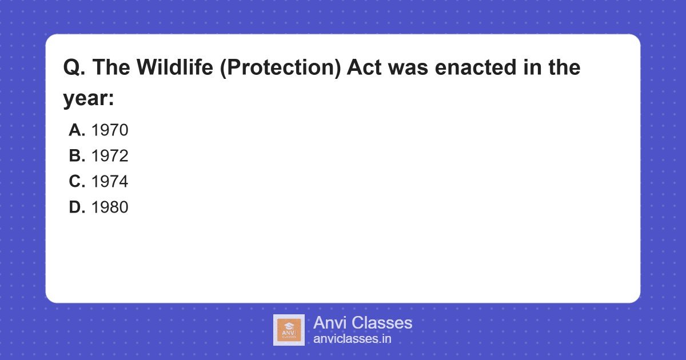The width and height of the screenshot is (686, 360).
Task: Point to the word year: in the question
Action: (89, 99)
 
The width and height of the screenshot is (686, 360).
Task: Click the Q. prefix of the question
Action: (74, 68)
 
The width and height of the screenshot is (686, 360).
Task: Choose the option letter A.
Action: (77, 131)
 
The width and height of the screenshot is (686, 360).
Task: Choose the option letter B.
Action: (77, 157)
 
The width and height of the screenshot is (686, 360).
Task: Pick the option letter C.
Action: (77, 182)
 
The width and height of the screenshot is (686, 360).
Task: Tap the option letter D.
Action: (77, 208)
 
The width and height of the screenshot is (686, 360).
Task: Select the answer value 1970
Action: (110, 131)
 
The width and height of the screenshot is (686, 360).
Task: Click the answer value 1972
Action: (110, 157)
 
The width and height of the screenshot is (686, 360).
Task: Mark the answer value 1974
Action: (110, 182)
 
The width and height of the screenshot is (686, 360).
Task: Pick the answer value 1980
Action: (110, 208)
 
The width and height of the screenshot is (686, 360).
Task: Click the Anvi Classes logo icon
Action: (289, 330)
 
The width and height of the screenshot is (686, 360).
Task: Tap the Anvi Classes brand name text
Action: (362, 323)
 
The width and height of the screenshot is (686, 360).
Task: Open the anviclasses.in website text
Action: (352, 339)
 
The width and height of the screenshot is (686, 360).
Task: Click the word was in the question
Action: (409, 68)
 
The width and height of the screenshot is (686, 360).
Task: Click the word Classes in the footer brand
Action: (381, 323)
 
